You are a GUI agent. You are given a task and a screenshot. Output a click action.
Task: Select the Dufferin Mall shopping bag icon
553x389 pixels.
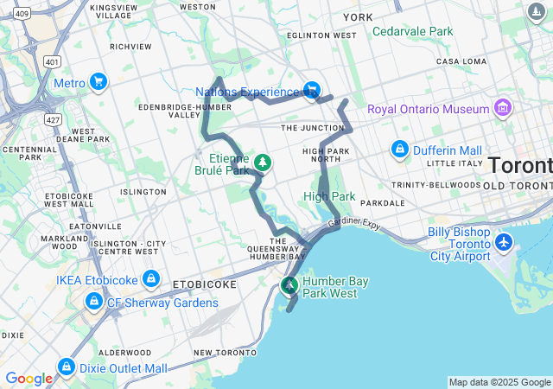(399, 149)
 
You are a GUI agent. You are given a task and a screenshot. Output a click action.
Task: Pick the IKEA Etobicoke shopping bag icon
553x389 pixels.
(151, 278)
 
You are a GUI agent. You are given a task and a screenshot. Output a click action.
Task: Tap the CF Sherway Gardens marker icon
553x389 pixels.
(92, 302)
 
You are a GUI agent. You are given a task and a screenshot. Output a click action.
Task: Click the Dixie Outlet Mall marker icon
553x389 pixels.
(66, 367)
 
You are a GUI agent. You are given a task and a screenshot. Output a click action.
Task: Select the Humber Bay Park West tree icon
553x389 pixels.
(290, 284)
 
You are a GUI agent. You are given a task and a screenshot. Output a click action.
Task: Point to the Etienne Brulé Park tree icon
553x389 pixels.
(262, 162)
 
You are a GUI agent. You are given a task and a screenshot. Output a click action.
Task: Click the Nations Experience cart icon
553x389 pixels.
(311, 90)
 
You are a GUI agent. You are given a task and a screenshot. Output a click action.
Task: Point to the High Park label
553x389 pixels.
(329, 196)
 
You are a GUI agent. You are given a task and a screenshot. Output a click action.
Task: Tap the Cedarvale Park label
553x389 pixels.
(412, 31)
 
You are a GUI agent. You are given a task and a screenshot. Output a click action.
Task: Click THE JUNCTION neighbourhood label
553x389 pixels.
(313, 128)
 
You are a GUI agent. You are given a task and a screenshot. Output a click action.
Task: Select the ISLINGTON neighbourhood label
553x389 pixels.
(143, 192)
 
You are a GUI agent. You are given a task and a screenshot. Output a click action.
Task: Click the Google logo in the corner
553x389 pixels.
(29, 378)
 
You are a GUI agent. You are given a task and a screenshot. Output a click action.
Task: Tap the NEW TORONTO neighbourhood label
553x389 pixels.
(226, 353)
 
